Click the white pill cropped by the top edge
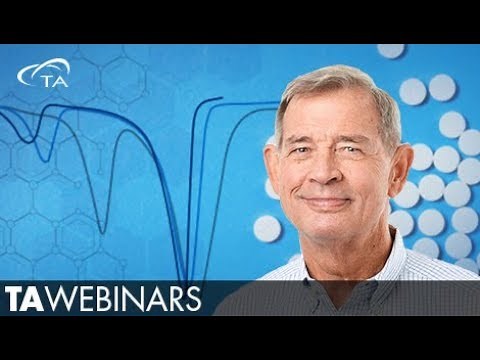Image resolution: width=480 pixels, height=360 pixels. coord(390,49)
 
